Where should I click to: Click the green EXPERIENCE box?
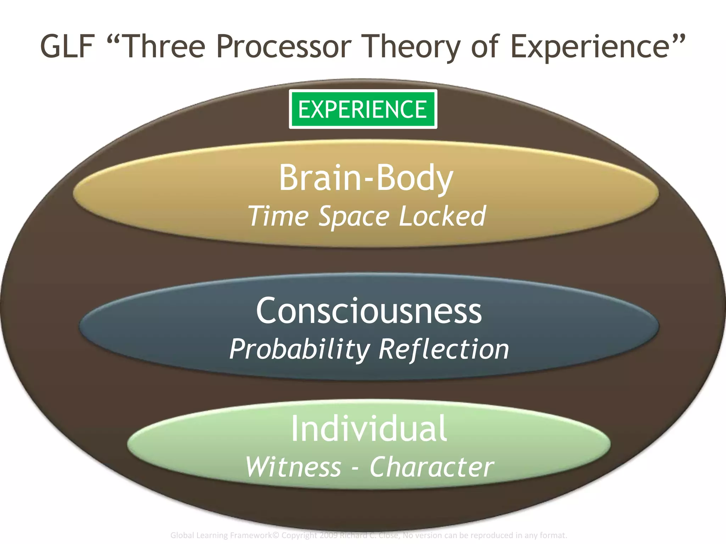pyautogui.click(x=363, y=109)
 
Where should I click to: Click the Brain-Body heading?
pyautogui.click(x=366, y=178)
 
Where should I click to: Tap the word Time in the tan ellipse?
pyautogui.click(x=278, y=216)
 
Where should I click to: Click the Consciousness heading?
pyautogui.click(x=369, y=311)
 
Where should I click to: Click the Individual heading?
pyautogui.click(x=369, y=429)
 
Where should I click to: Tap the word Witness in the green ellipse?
pyautogui.click(x=293, y=467)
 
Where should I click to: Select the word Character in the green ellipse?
pyautogui.click(x=431, y=467)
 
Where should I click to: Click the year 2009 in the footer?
pyautogui.click(x=329, y=535)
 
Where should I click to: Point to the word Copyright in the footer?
pyautogui.click(x=299, y=535)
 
